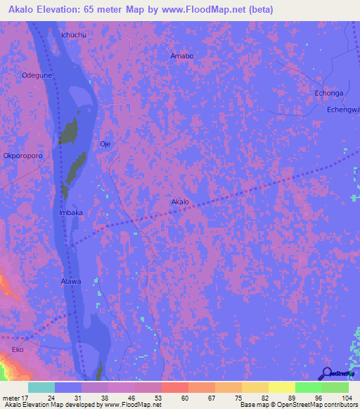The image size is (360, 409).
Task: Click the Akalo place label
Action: pyautogui.click(x=180, y=202)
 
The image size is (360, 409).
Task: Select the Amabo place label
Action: pyautogui.click(x=182, y=56)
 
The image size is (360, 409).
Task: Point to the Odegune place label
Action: pyautogui.click(x=37, y=74)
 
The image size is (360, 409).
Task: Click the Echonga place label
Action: pyautogui.click(x=328, y=93)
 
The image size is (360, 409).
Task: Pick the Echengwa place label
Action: pyautogui.click(x=344, y=110)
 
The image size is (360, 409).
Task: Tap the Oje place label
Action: pyautogui.click(x=106, y=143)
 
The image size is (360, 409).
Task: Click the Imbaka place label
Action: pyautogui.click(x=71, y=212)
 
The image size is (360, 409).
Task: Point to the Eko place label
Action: pyautogui.click(x=18, y=349)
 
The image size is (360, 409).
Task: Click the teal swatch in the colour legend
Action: pyautogui.click(x=41, y=387)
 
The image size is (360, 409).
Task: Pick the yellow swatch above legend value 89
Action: pyautogui.click(x=282, y=387)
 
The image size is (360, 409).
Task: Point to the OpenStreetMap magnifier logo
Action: pyautogui.click(x=327, y=374)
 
